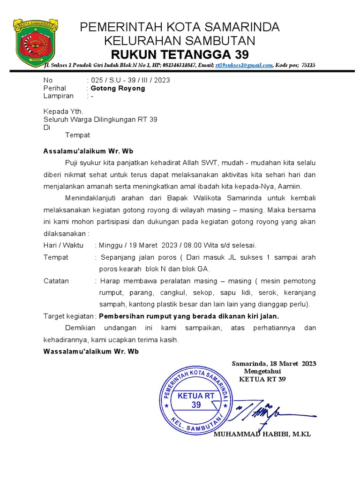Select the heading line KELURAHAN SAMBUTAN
[x=180, y=40]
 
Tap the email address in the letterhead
[x=244, y=66]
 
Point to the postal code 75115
[x=308, y=66]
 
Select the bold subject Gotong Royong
[x=118, y=88]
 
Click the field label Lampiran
[x=59, y=96]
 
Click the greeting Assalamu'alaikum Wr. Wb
[x=89, y=151]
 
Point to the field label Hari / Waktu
[x=63, y=245]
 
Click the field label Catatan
[x=56, y=281]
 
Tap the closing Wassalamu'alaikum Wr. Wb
[x=91, y=352]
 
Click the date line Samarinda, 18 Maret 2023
[x=274, y=364]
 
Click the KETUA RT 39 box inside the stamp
[x=196, y=400]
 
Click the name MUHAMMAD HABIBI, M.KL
[x=262, y=435]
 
